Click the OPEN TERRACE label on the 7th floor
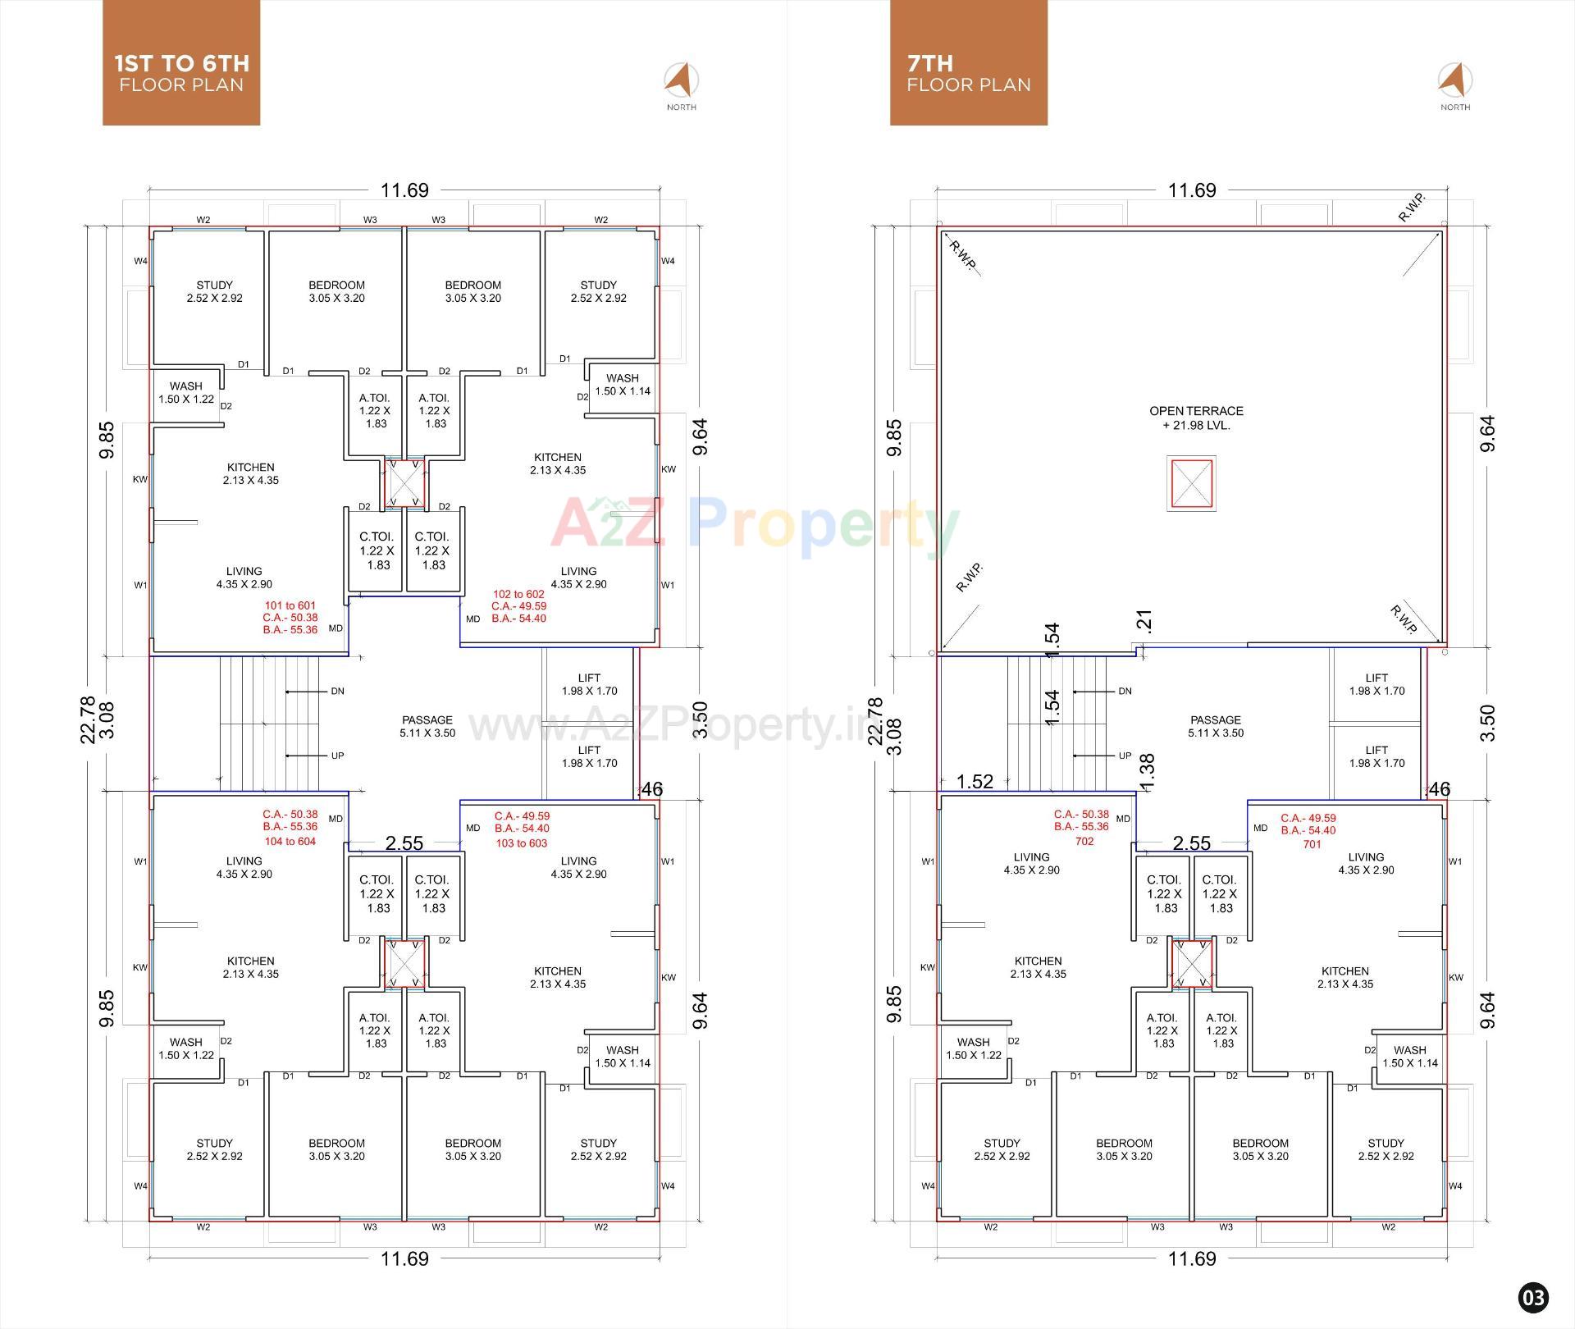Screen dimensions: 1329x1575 click(x=1195, y=411)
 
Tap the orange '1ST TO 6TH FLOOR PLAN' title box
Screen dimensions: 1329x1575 click(x=181, y=64)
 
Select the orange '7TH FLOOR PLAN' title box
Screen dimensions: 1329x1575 click(x=968, y=64)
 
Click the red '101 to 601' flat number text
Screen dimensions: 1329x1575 click(x=290, y=605)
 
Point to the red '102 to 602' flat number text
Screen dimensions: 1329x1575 click(x=518, y=594)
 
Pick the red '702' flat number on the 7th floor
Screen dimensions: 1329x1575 click(x=1084, y=841)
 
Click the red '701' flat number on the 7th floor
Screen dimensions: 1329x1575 click(x=1312, y=844)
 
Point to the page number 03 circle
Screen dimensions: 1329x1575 click(x=1533, y=1297)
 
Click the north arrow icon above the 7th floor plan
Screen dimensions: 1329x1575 click(x=1454, y=80)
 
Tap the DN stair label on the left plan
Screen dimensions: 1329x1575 click(x=337, y=692)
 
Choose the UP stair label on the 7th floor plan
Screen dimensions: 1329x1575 click(x=1125, y=756)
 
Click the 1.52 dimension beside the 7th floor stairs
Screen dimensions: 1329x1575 click(x=975, y=782)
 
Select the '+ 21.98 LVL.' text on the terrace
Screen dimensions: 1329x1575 click(x=1196, y=426)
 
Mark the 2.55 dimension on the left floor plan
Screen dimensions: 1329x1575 click(x=404, y=843)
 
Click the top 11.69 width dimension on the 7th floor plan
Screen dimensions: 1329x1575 click(x=1191, y=190)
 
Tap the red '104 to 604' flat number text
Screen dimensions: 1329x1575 click(x=290, y=841)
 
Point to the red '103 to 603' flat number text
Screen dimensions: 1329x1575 click(x=521, y=843)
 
